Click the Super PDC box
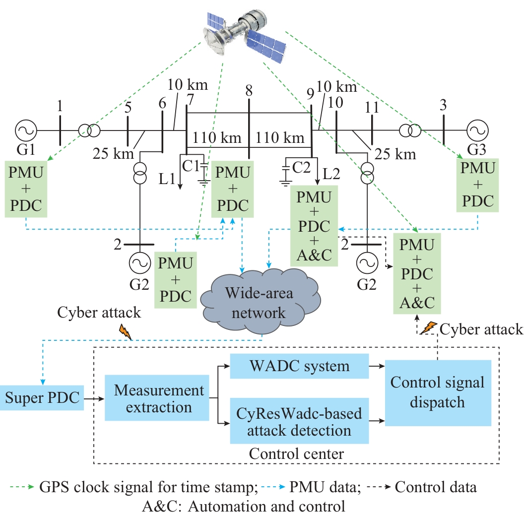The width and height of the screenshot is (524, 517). coord(42,398)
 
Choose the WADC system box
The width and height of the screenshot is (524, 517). coord(300,367)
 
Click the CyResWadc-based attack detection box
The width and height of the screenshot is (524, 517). coord(300,421)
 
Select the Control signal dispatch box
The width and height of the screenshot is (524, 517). coord(438,392)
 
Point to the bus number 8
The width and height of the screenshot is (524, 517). coord(249,91)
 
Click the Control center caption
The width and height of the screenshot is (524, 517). coord(296,453)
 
